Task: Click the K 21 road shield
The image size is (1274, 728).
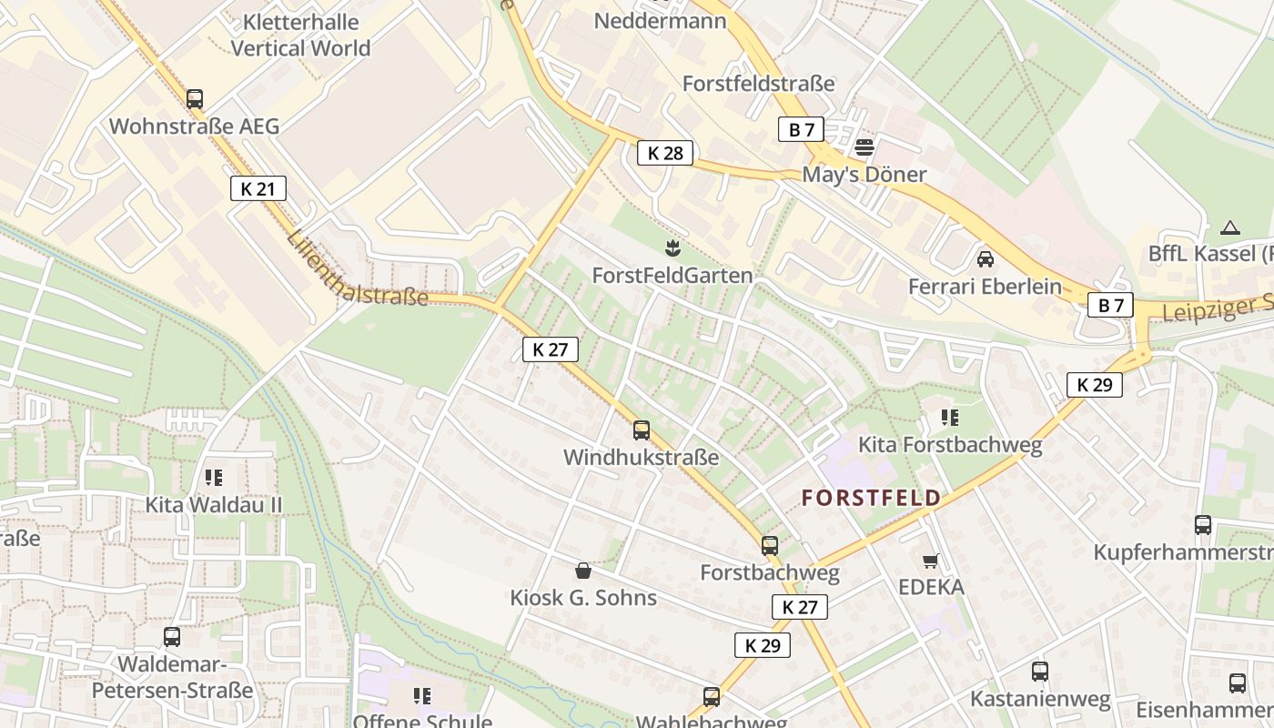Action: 258,188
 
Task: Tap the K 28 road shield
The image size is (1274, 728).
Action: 665,153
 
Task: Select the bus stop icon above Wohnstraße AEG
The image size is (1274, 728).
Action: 195,99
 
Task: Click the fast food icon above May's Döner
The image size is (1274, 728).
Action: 864,147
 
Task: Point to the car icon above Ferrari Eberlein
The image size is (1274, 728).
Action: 985,258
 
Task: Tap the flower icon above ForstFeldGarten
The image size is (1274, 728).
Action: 672,248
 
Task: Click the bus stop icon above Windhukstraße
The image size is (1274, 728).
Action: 642,430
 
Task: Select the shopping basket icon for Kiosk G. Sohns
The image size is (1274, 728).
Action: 583,571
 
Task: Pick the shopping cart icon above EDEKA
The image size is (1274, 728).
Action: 930,561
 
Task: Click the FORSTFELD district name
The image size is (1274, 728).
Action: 871,498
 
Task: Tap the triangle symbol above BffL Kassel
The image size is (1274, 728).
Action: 1230,227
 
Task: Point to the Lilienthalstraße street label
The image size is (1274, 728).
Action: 357,269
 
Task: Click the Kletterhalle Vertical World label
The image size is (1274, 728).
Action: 301,35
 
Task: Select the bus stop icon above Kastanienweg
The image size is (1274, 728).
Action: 1040,672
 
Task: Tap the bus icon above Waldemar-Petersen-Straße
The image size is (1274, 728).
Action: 172,637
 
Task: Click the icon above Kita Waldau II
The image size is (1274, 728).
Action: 214,477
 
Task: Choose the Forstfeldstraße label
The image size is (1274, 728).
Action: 758,84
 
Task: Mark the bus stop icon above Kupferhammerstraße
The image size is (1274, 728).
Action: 1203,524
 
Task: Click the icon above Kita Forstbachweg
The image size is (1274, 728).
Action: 950,418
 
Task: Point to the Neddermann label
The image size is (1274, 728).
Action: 660,19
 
